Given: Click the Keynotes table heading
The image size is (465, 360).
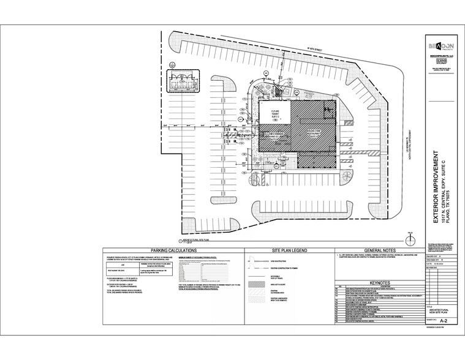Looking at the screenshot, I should click(372, 282).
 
